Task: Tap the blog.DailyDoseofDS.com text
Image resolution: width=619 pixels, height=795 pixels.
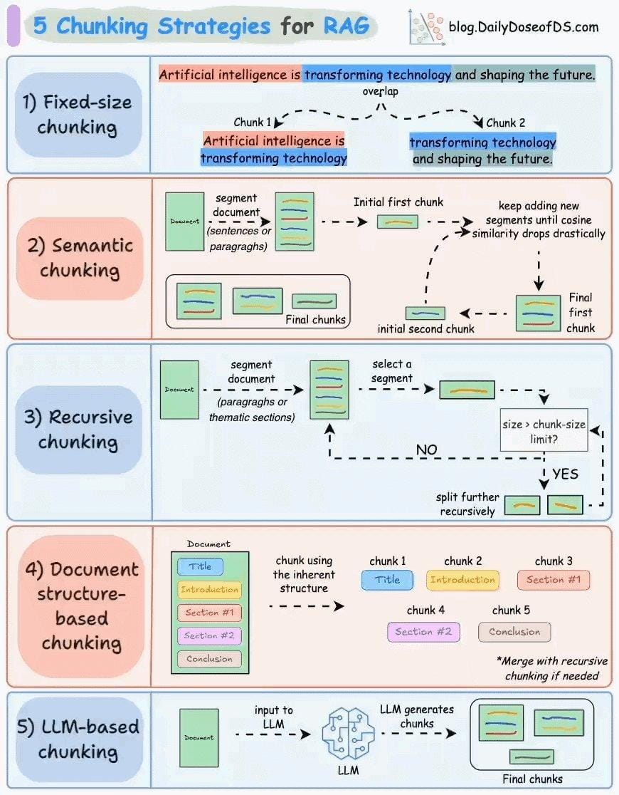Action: pos(523,27)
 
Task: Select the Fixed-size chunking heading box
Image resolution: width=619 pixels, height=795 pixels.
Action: pos(78,114)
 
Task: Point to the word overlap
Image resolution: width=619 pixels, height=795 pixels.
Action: pos(380,92)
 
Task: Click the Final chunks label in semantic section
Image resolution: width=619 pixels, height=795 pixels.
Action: pos(315,320)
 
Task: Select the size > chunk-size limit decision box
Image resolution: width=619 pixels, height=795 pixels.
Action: pos(544,431)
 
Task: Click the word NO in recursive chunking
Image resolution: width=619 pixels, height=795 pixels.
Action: pos(427,450)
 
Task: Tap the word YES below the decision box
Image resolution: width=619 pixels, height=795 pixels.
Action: pos(565,474)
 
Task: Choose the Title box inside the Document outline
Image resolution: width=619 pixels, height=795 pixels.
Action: pos(200,567)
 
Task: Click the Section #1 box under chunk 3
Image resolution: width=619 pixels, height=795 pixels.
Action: pos(554,580)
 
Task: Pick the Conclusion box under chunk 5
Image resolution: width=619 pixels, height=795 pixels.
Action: pos(514,632)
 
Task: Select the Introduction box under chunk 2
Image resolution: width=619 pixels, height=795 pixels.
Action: pos(462,580)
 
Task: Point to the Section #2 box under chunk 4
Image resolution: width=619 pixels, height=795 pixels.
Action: pos(423,632)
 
